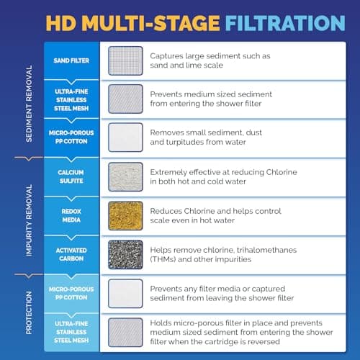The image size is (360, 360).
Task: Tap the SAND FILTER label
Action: click(x=71, y=61)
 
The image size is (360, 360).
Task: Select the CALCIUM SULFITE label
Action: click(x=71, y=176)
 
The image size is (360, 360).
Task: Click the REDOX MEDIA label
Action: click(x=71, y=215)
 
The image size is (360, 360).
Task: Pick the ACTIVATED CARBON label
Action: click(x=71, y=254)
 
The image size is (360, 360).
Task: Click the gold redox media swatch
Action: click(x=125, y=215)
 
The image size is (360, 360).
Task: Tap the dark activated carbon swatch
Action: click(x=125, y=254)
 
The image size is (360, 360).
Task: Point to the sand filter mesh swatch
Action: click(x=125, y=60)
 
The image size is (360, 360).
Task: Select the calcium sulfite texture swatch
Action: click(x=125, y=176)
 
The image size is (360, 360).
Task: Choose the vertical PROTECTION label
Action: click(x=28, y=313)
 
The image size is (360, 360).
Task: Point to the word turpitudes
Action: click(x=189, y=143)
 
